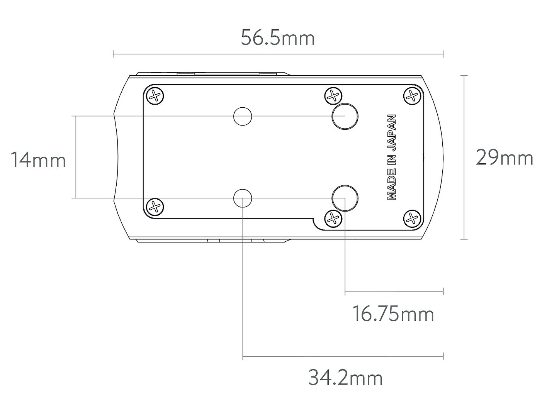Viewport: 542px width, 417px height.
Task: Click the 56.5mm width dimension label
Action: (278, 38)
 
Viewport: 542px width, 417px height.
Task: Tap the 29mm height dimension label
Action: (505, 157)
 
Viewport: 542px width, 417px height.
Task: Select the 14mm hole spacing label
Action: (38, 160)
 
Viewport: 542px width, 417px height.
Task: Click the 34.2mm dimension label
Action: (345, 378)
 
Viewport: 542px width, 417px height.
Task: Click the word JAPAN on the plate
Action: (391, 133)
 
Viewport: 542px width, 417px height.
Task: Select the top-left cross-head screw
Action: (155, 96)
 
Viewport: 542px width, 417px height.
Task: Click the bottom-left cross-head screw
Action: (155, 207)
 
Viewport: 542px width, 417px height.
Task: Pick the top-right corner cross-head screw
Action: (412, 96)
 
